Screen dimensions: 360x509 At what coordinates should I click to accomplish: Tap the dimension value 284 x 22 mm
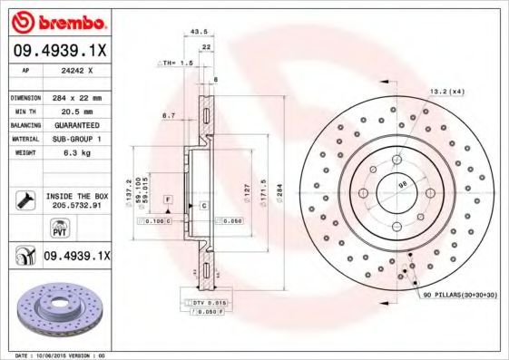pyautogui.click(x=77, y=97)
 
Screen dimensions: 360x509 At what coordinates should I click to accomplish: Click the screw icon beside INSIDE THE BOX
pyautogui.click(x=24, y=199)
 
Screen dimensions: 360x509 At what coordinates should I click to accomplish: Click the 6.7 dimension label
pyautogui.click(x=168, y=116)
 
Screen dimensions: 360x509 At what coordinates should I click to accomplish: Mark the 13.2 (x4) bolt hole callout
pyautogui.click(x=446, y=92)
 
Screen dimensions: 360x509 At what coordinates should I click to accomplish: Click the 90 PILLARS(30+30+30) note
pyautogui.click(x=458, y=297)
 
